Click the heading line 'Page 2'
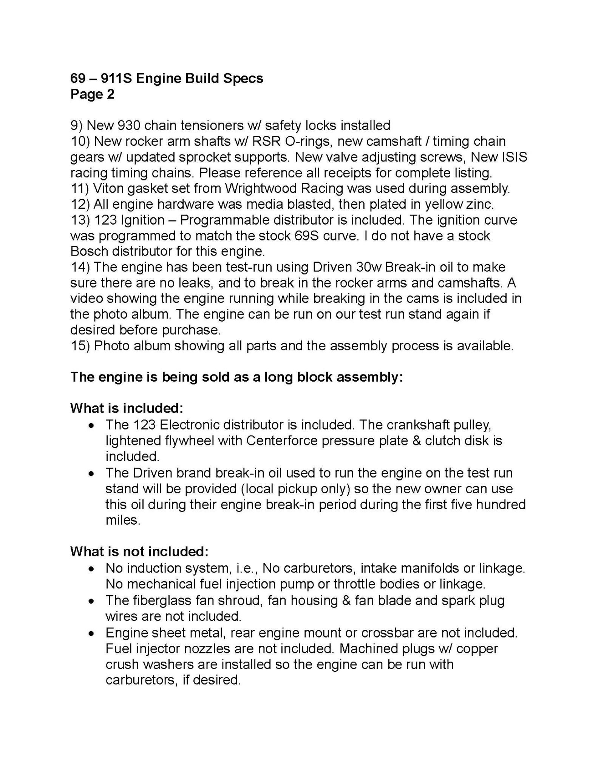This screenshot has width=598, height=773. [x=92, y=94]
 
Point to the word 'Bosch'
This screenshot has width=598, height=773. [x=88, y=251]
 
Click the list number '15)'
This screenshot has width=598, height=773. [x=80, y=346]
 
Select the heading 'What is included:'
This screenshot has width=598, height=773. [x=127, y=408]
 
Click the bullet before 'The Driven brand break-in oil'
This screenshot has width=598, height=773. [x=91, y=473]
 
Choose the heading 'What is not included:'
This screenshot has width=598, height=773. [x=139, y=552]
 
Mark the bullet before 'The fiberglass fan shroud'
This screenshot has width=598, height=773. [x=91, y=601]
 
